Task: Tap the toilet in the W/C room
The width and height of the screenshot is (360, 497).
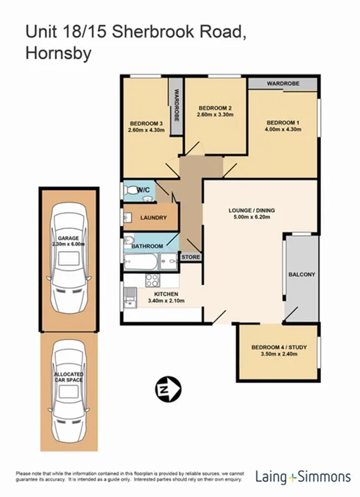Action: point(132,190)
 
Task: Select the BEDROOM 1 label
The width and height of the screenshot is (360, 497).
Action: point(283,122)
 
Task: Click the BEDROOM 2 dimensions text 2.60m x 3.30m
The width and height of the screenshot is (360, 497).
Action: point(215,115)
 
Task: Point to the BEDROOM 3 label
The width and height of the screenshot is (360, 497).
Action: point(146,123)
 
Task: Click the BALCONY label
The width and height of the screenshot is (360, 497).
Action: point(301,275)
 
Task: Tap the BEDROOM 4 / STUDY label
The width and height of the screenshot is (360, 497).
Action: point(278,347)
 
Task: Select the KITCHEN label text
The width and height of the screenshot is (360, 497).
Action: point(163,293)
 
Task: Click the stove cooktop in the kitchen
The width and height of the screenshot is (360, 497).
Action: point(153,280)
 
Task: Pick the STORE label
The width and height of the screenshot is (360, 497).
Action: point(191,257)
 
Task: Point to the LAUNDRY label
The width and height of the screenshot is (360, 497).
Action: point(154,218)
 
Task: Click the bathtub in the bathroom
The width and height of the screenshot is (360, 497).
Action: point(141,261)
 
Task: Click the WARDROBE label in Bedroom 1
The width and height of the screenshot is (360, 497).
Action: point(283,83)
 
